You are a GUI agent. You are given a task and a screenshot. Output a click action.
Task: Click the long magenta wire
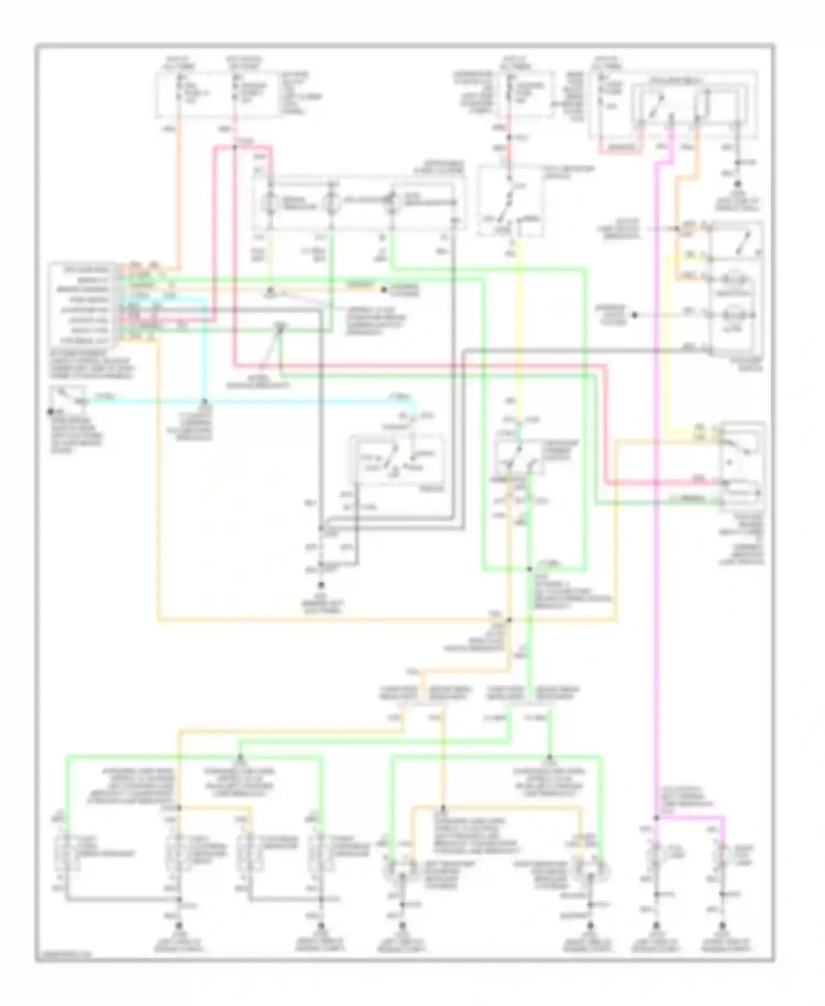657,495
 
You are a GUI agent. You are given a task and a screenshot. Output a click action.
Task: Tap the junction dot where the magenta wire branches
657,818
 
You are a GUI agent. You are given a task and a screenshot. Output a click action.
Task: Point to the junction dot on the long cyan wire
205,401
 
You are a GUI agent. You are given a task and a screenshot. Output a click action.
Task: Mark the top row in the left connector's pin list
82,270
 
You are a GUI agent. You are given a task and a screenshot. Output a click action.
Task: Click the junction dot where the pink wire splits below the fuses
235,146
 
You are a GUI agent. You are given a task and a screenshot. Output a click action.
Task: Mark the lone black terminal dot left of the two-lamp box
634,315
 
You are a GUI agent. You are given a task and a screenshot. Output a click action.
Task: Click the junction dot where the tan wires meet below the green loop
509,620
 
